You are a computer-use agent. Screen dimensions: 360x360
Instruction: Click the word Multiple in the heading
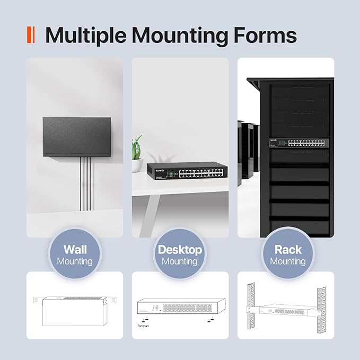coord(86,36)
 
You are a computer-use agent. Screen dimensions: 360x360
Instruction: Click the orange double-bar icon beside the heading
coord(31,35)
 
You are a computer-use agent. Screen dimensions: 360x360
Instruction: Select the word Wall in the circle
coord(75,249)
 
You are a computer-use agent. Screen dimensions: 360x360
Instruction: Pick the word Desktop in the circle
coord(180,249)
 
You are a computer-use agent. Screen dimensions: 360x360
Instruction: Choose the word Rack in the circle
coord(288,249)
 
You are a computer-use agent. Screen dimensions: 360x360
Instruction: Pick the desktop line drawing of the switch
coord(180,307)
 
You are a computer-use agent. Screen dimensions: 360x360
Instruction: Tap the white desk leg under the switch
coord(151,209)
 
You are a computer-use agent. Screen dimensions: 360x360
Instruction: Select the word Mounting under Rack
coord(288,261)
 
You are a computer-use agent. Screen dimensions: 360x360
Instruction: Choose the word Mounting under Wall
coord(75,261)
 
